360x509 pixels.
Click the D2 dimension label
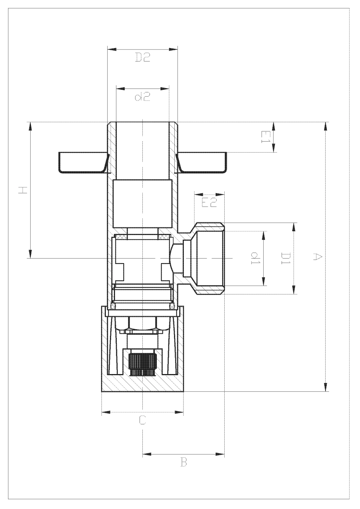pyautogui.click(x=143, y=57)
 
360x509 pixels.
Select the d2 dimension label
pyautogui.click(x=143, y=97)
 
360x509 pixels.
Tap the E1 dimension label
pyautogui.click(x=265, y=137)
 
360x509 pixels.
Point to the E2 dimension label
pyautogui.click(x=209, y=202)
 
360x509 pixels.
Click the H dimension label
pyautogui.click(x=23, y=190)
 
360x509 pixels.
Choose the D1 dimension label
pyautogui.click(x=285, y=258)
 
